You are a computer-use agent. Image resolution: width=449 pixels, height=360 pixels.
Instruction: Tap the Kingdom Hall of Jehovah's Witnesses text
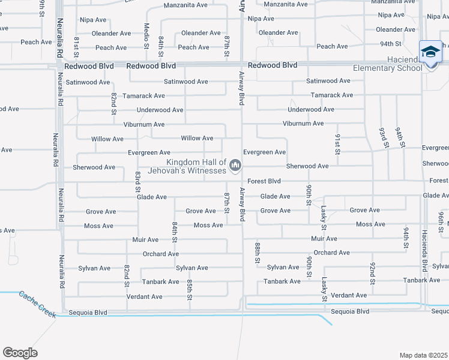(x=196, y=166)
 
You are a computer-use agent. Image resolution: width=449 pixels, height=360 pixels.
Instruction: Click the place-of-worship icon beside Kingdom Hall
(x=235, y=164)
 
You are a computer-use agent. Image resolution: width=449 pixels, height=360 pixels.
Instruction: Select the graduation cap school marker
(x=430, y=53)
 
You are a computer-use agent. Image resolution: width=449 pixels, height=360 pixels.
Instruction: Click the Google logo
(x=19, y=353)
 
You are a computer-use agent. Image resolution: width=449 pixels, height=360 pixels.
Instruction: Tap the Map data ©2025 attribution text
(x=423, y=355)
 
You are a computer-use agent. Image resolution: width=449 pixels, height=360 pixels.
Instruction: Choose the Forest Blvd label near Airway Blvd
(x=264, y=181)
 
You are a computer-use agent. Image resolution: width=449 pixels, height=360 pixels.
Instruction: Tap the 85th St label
(x=189, y=289)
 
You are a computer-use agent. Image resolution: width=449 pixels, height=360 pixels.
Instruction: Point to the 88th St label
(x=257, y=253)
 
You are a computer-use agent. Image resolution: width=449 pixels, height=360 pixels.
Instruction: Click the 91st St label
(x=337, y=144)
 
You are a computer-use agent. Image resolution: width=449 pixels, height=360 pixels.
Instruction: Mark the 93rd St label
(x=382, y=137)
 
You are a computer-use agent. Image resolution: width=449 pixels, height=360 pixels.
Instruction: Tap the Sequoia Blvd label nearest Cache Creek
(x=88, y=312)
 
